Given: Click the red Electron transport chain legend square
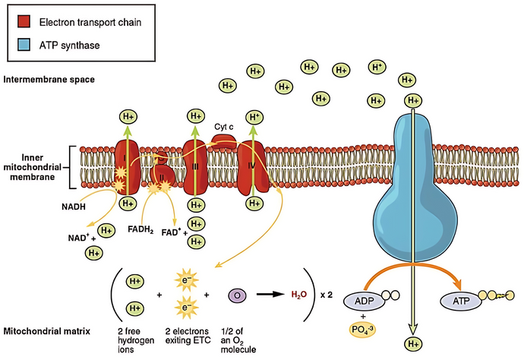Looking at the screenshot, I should click(16, 22).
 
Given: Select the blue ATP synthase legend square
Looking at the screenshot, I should click(16, 46).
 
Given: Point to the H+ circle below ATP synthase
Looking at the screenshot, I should click(413, 344).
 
